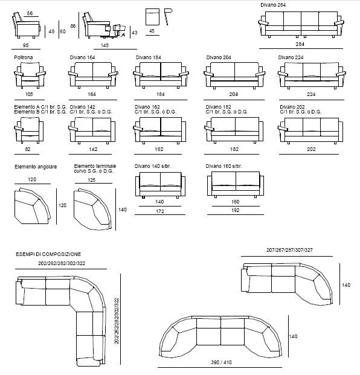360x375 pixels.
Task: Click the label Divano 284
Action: pyautogui.click(x=273, y=5)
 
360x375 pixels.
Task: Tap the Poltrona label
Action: pyautogui.click(x=24, y=57)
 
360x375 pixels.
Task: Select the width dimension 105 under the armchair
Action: pyautogui.click(x=29, y=94)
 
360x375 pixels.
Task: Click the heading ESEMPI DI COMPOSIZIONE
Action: pyautogui.click(x=48, y=254)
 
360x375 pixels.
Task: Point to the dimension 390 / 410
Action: pyautogui.click(x=221, y=362)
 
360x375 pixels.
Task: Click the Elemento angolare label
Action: pyautogui.click(x=36, y=167)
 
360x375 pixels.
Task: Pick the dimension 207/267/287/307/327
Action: pyautogui.click(x=289, y=250)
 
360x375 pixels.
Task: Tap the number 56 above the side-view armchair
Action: pyautogui.click(x=30, y=13)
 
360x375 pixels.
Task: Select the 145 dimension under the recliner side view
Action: pyautogui.click(x=104, y=45)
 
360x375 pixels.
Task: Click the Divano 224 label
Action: pyautogui.click(x=291, y=57)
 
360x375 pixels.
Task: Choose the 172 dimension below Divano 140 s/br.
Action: pyautogui.click(x=160, y=211)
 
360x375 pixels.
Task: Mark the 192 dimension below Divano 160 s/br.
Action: pyautogui.click(x=236, y=210)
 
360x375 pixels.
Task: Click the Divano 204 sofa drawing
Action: pyautogui.click(x=234, y=75)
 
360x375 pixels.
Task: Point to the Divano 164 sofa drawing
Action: pyautogui.click(x=93, y=75)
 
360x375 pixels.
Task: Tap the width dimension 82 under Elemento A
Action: pyautogui.click(x=28, y=149)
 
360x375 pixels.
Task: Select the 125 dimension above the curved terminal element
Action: pyautogui.click(x=92, y=180)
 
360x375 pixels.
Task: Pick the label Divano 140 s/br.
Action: pyautogui.click(x=153, y=166)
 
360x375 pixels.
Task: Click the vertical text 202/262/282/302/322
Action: pyautogui.click(x=117, y=321)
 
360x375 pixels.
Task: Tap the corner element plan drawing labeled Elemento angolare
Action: pyautogui.click(x=32, y=206)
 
